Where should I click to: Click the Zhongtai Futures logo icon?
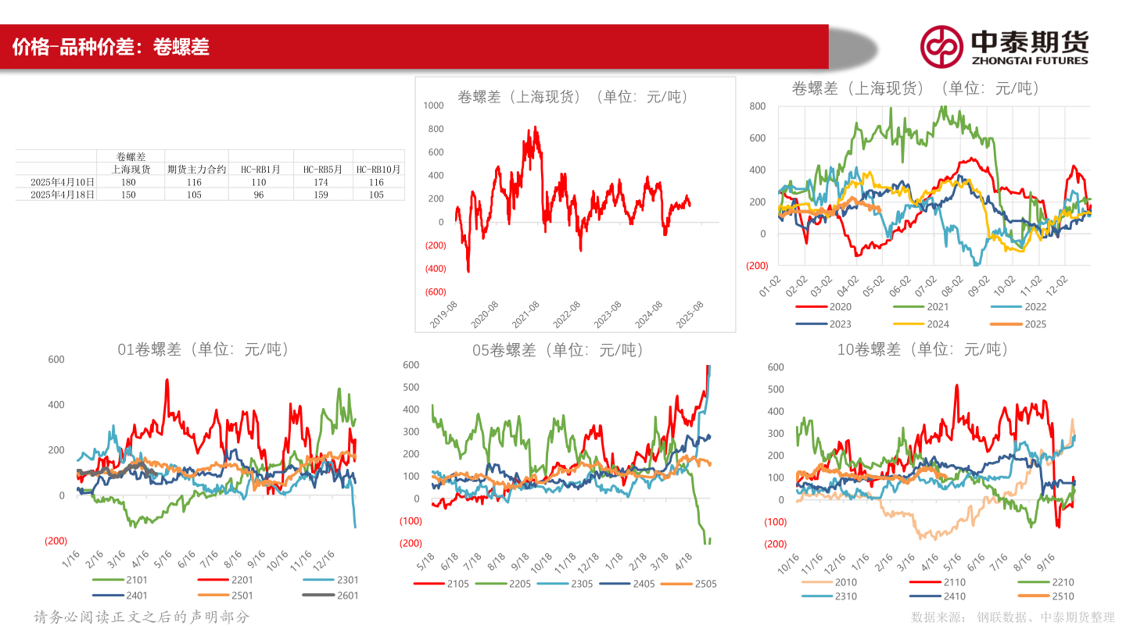point(941,46)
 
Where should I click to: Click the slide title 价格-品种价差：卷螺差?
point(111,47)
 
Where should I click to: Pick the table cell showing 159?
point(323,195)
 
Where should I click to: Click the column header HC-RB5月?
point(323,170)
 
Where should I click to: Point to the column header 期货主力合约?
point(196,170)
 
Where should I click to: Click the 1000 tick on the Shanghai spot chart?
point(433,105)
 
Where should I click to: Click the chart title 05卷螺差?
point(558,351)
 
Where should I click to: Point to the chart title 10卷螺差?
point(923,350)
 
